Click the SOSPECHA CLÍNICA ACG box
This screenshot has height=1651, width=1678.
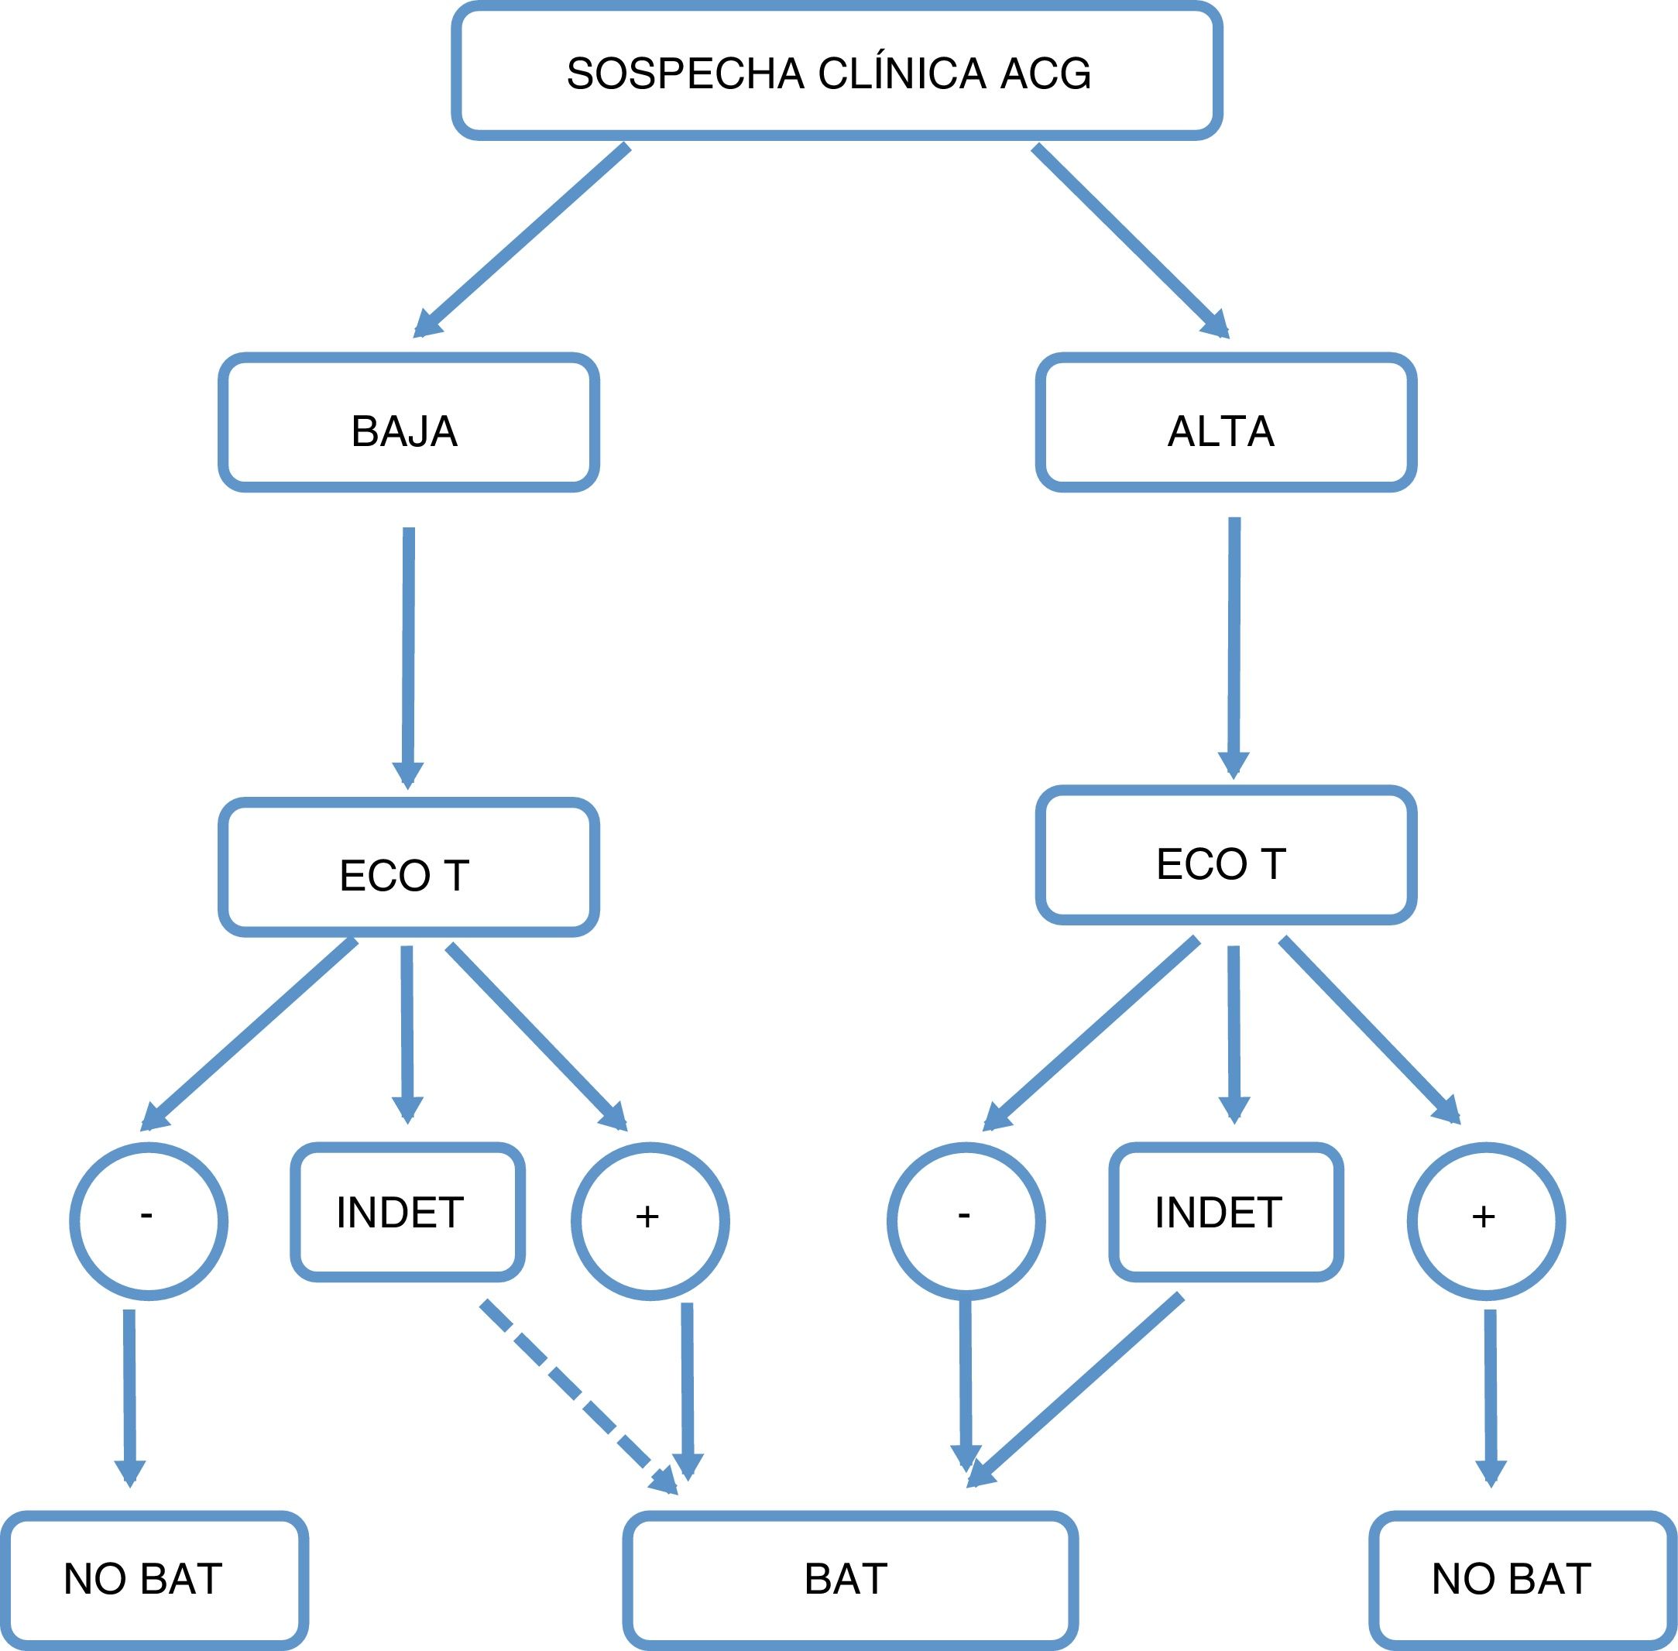pyautogui.click(x=836, y=72)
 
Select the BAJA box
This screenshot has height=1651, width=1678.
pyautogui.click(x=407, y=422)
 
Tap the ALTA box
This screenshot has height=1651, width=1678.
pyautogui.click(x=1225, y=422)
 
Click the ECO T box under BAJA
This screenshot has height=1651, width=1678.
pyautogui.click(x=407, y=867)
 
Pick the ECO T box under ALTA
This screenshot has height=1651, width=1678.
pyautogui.click(x=1225, y=855)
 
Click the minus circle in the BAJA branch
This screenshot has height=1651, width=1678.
pyautogui.click(x=149, y=1221)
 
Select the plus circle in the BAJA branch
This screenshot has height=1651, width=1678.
pyautogui.click(x=650, y=1221)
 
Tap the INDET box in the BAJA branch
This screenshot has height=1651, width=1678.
pyautogui.click(x=407, y=1212)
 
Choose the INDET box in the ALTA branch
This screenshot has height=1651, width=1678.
pyautogui.click(x=1225, y=1212)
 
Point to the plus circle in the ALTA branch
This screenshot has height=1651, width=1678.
pyautogui.click(x=1485, y=1221)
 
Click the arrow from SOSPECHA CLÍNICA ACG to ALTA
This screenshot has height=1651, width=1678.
pyautogui.click(x=1127, y=239)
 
